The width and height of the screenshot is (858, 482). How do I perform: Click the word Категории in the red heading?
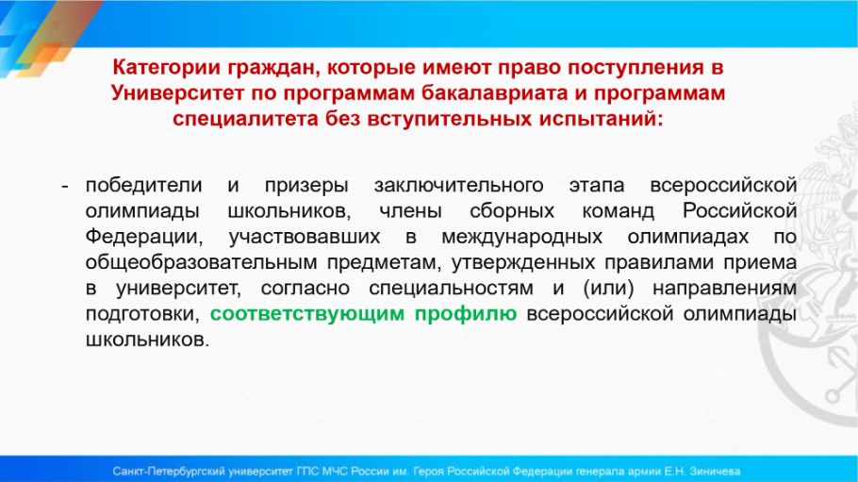tap(166, 68)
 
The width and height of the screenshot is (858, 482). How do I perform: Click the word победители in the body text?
tap(144, 185)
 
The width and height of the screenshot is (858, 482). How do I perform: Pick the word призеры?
tap(306, 186)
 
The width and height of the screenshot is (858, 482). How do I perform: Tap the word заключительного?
tap(458, 186)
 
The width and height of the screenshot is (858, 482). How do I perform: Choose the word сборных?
tap(512, 211)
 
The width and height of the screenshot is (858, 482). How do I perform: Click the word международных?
tap(521, 237)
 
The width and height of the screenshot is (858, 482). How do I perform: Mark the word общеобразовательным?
tap(201, 262)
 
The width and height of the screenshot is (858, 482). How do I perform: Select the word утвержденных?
tap(522, 262)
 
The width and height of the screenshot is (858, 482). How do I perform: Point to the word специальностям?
tap(451, 288)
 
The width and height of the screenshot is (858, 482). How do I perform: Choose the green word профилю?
tap(465, 314)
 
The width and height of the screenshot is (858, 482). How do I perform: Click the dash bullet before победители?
tap(65, 187)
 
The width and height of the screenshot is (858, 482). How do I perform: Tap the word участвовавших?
tap(305, 237)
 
